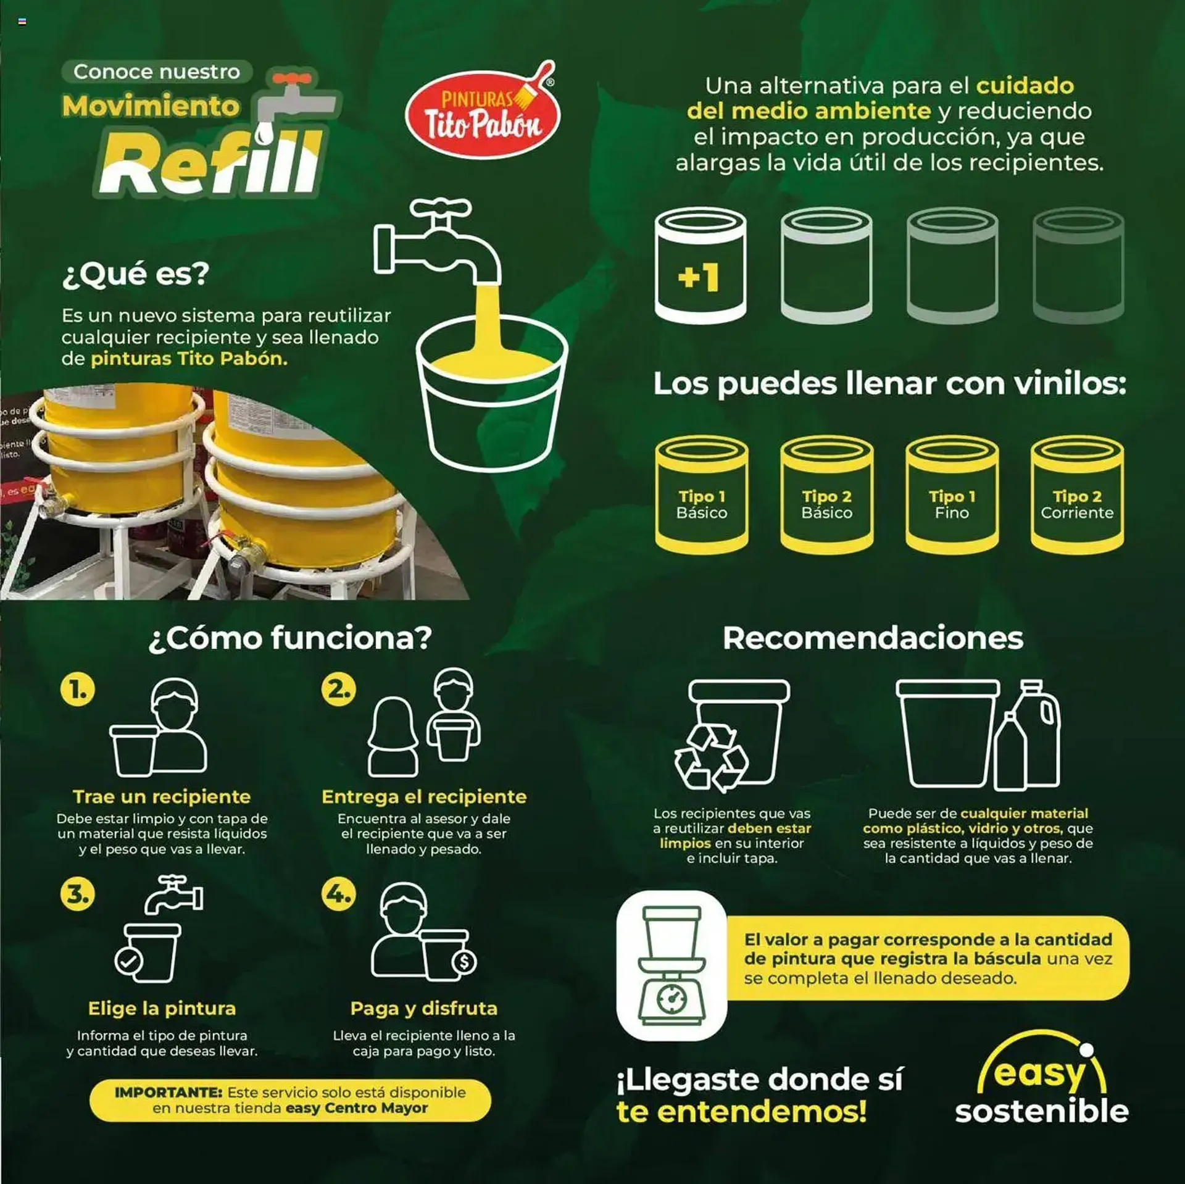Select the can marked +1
(x=701, y=265)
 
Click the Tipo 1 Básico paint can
(x=702, y=494)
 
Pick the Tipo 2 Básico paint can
(x=826, y=494)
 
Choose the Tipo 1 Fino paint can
(x=952, y=494)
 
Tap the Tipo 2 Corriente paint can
(x=1077, y=494)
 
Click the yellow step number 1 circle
(x=78, y=690)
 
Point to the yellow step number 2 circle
(x=339, y=690)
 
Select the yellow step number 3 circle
(x=78, y=894)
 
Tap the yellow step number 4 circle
(x=339, y=894)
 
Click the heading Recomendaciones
(x=873, y=638)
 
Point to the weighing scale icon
(x=672, y=966)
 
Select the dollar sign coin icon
(x=464, y=961)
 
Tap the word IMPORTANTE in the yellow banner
(x=168, y=1093)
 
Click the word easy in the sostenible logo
(x=1039, y=1075)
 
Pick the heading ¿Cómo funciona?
(x=290, y=638)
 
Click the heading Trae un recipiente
(x=162, y=797)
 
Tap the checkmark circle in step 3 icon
(x=129, y=962)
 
